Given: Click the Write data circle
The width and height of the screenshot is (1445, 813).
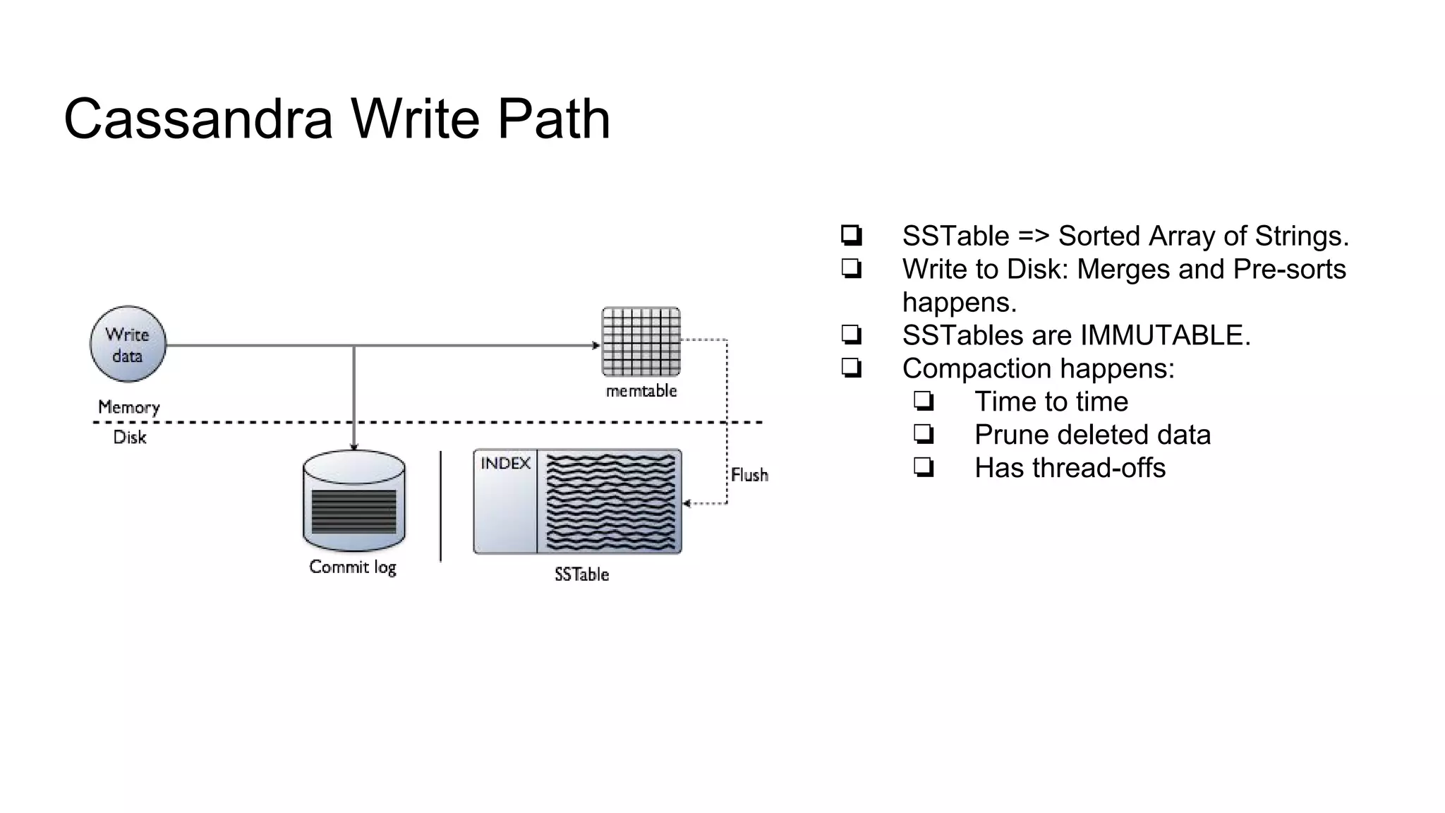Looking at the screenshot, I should click(128, 344).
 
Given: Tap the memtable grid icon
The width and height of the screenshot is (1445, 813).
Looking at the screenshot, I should click(641, 342).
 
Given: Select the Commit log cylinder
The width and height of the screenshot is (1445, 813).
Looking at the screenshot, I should click(353, 501).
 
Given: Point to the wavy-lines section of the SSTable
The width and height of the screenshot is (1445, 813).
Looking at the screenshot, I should click(610, 502).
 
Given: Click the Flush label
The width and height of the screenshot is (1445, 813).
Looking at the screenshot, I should click(749, 475).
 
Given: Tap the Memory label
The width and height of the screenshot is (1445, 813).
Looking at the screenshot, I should click(128, 407).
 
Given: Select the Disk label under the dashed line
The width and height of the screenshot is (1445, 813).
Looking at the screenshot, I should click(130, 438).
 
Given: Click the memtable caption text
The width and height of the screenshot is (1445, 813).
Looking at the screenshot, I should click(641, 391).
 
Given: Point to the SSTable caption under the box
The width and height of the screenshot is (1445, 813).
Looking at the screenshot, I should click(581, 574).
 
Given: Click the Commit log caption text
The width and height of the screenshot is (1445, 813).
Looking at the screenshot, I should click(353, 567).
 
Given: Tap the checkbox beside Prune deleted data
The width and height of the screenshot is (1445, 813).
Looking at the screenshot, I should click(924, 434).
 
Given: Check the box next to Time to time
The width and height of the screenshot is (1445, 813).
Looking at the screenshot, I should click(924, 401).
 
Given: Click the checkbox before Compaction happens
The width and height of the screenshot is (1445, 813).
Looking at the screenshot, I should click(852, 368).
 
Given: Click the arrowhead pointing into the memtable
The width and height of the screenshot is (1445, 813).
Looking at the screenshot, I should click(596, 345).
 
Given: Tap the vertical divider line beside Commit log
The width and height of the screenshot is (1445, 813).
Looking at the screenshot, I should click(441, 506).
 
